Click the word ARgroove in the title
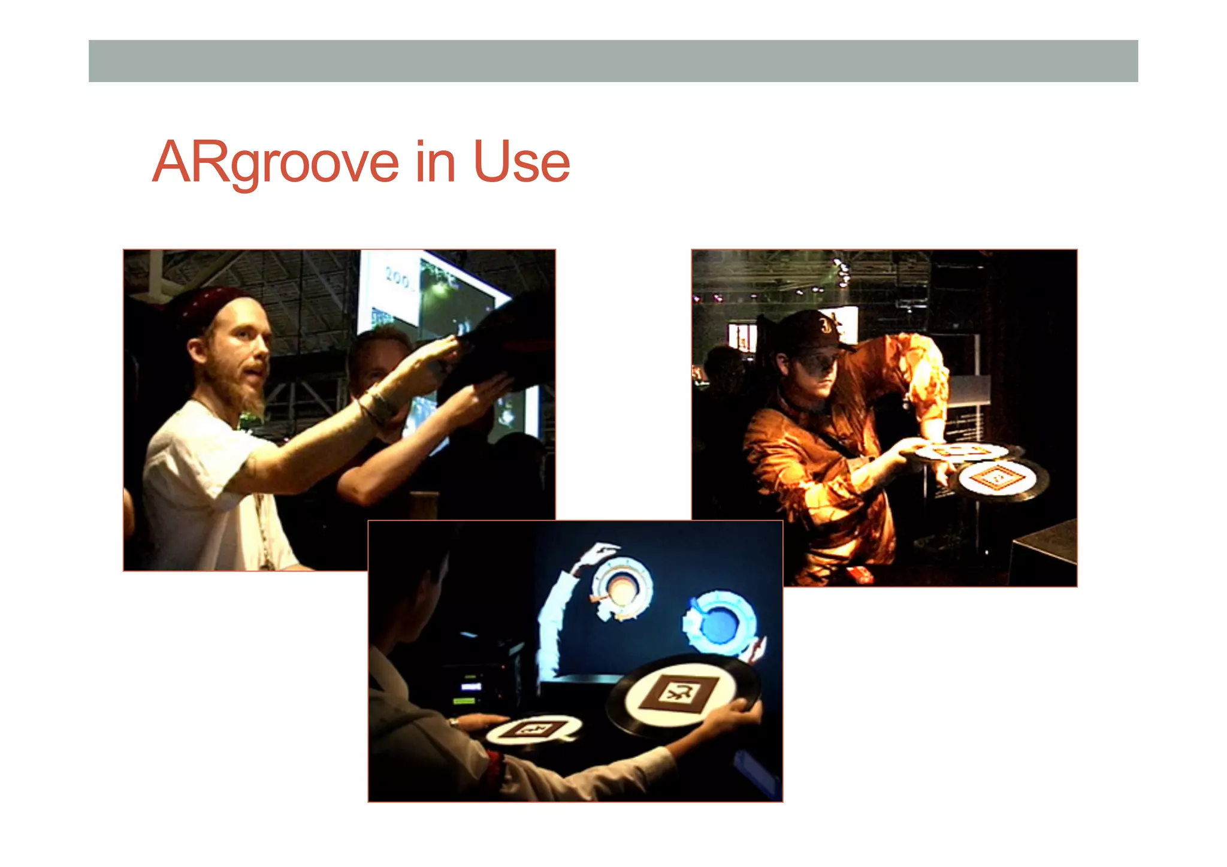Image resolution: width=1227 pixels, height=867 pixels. click(x=276, y=162)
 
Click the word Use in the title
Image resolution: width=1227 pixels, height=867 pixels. click(x=521, y=162)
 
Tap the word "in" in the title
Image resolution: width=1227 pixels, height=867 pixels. click(x=436, y=162)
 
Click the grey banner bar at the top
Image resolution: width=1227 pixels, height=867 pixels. click(x=613, y=61)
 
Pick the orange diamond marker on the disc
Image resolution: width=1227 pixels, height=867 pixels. click(x=996, y=478)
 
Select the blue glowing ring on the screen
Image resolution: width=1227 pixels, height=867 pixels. click(x=720, y=623)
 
